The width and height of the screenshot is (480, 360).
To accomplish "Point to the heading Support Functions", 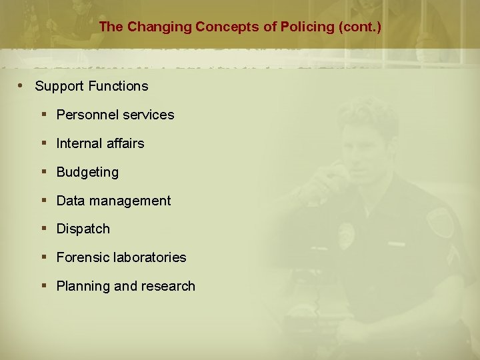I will click(91, 86).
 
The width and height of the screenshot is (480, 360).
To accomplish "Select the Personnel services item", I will click(115, 115).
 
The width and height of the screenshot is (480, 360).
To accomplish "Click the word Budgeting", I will click(87, 172).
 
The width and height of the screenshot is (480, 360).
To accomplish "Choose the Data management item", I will click(113, 201).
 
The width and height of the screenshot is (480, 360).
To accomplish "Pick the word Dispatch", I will click(83, 229).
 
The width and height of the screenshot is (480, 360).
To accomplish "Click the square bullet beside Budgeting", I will click(44, 171).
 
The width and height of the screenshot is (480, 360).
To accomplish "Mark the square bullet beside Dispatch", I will click(44, 228).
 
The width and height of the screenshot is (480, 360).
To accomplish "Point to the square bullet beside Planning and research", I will click(44, 285).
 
